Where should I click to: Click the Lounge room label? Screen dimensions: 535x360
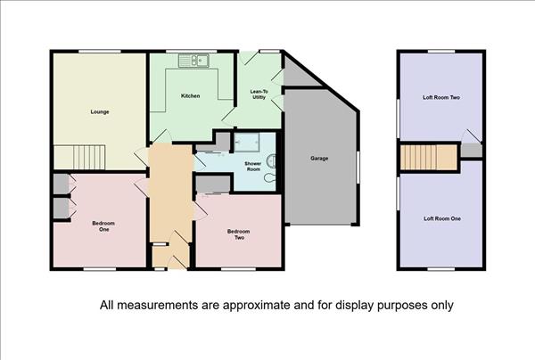pyautogui.click(x=100, y=111)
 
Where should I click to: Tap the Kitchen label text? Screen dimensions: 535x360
pyautogui.click(x=191, y=96)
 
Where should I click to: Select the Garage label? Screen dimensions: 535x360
pyautogui.click(x=319, y=159)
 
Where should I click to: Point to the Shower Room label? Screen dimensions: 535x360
pyautogui.click(x=253, y=167)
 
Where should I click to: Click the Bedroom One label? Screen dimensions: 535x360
pyautogui.click(x=103, y=226)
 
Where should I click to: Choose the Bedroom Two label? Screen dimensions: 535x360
pyautogui.click(x=238, y=234)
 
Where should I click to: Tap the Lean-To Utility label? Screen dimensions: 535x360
pyautogui.click(x=259, y=94)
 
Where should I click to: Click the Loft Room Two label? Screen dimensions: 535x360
pyautogui.click(x=441, y=97)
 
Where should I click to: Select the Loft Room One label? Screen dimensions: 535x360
pyautogui.click(x=442, y=219)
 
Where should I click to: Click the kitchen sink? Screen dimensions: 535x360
pyautogui.click(x=193, y=61)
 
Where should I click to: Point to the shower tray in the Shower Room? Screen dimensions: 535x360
pyautogui.click(x=247, y=143)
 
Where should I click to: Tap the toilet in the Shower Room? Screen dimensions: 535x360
pyautogui.click(x=271, y=160)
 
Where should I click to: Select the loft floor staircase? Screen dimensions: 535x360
pyautogui.click(x=429, y=158)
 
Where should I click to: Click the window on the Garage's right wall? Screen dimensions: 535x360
pyautogui.click(x=358, y=168)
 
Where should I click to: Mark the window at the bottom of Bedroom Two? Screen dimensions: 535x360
pyautogui.click(x=238, y=269)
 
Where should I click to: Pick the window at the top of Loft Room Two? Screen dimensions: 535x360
pyautogui.click(x=441, y=52)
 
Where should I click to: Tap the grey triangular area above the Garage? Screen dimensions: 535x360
pyautogui.click(x=298, y=73)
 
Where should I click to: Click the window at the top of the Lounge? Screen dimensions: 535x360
pyautogui.click(x=100, y=52)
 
